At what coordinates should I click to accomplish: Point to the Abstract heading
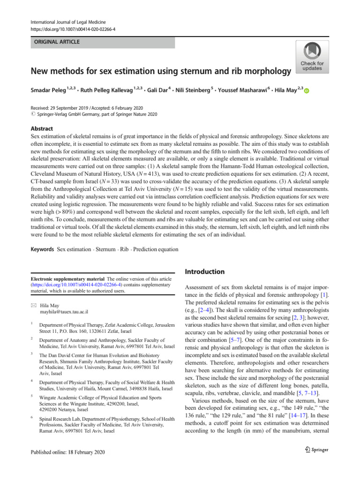(41, 128)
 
